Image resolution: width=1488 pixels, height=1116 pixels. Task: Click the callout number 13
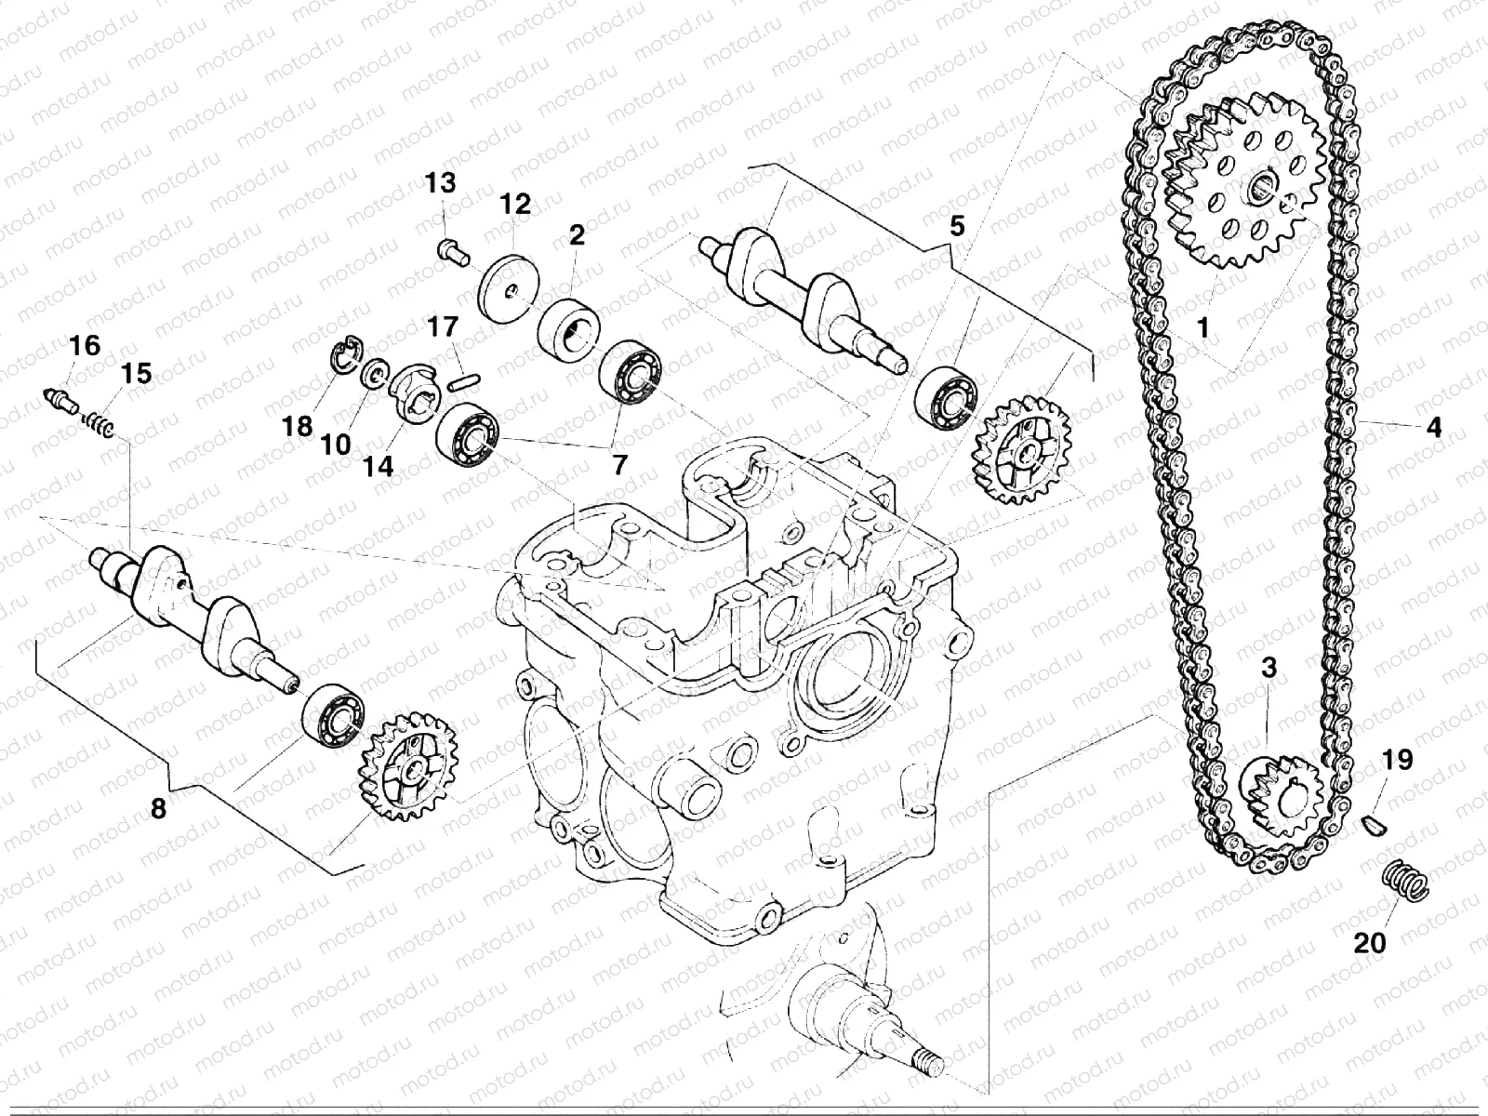click(442, 182)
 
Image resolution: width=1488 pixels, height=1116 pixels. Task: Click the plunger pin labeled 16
click(63, 401)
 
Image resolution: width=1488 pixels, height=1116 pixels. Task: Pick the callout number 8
click(158, 809)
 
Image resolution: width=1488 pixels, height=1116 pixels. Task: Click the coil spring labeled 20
click(1402, 879)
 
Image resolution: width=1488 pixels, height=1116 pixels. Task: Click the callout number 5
click(957, 225)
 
